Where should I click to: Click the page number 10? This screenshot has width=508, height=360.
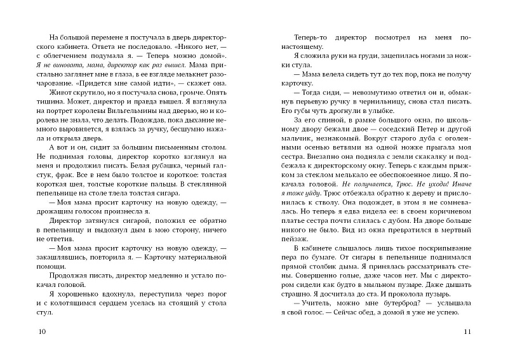click(x=43, y=333)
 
